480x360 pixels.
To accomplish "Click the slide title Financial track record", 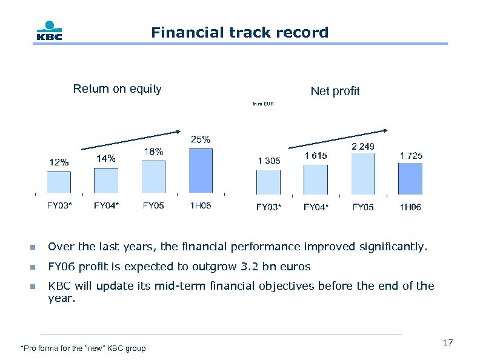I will click(239, 32).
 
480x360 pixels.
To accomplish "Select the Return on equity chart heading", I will click(117, 89).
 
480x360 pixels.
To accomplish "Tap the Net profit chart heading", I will click(335, 91).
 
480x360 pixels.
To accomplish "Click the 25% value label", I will click(201, 139).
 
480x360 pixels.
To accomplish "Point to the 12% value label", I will click(59, 162).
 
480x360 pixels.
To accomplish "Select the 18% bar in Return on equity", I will click(153, 177).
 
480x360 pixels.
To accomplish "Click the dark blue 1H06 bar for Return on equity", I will click(201, 171).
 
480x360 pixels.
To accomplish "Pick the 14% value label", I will click(106, 158).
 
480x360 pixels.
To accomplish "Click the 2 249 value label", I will click(363, 146).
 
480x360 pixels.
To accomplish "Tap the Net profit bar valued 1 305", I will click(268, 182).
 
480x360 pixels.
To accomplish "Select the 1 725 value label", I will click(411, 156).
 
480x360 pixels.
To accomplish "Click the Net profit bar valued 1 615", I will click(316, 179).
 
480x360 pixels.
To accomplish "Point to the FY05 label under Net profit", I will click(363, 207).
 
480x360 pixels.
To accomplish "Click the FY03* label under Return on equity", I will click(59, 205).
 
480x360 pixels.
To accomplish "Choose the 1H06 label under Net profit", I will click(410, 207).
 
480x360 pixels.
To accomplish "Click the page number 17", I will click(447, 343).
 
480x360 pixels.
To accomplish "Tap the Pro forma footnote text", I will click(83, 348).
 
